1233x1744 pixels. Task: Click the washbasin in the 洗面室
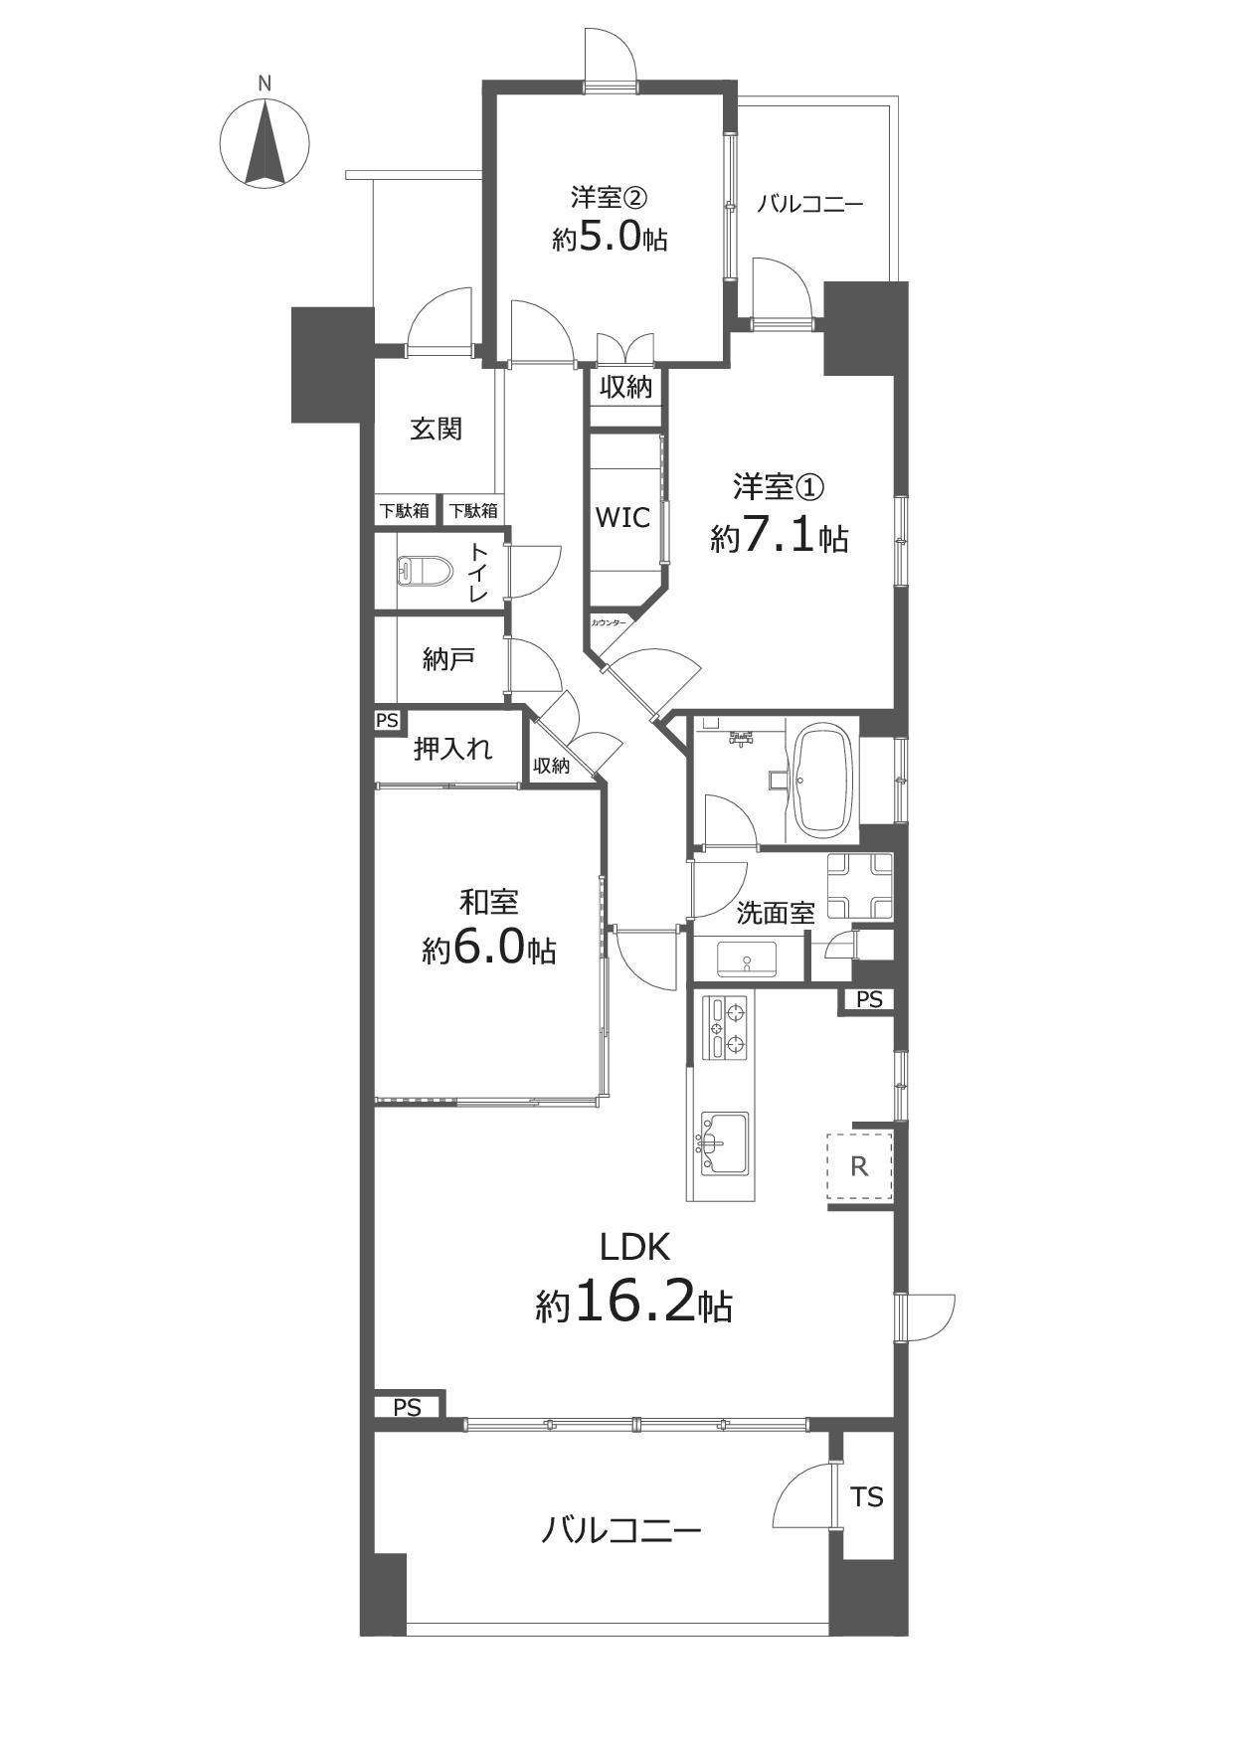[x=747, y=959]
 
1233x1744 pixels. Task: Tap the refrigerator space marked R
[x=859, y=1166]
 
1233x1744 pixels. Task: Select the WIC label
[x=622, y=517]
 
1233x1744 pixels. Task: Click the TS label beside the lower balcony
[x=867, y=1496]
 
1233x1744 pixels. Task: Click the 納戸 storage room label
[x=448, y=658]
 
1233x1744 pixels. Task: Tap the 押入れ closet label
[x=452, y=748]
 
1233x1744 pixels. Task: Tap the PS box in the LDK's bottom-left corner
[x=408, y=1406]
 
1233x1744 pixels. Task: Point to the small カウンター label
[x=609, y=622]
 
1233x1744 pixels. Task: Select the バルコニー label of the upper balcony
[x=809, y=205]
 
